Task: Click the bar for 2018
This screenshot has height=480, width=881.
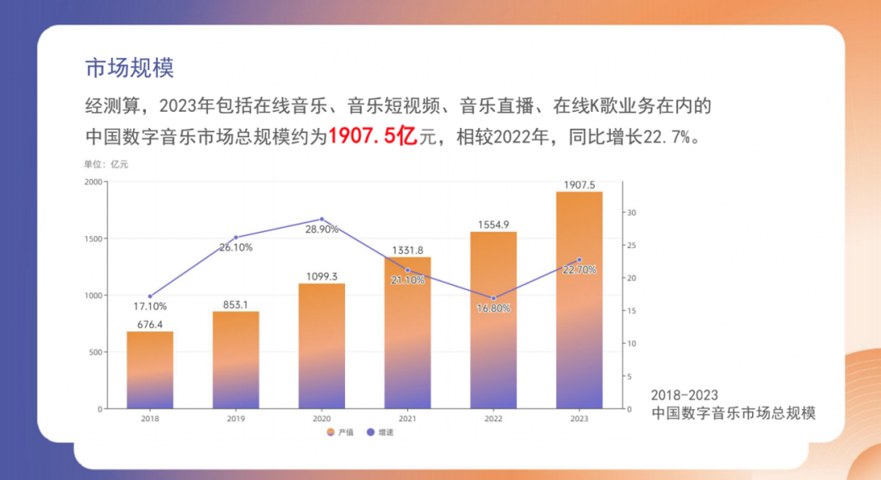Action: tap(150, 369)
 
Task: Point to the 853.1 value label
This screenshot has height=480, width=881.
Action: tap(237, 304)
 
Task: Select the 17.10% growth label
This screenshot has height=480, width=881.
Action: tap(149, 307)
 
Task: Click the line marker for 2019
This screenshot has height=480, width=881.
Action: tap(236, 238)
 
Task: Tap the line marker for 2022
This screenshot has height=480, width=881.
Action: tap(494, 298)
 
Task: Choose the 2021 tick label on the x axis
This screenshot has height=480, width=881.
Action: tap(408, 418)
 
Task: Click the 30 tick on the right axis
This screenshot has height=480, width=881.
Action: tap(631, 212)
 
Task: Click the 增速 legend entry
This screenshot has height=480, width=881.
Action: tap(381, 431)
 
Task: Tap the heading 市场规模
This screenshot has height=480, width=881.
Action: tap(130, 68)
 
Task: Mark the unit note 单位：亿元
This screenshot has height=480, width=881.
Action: tap(106, 164)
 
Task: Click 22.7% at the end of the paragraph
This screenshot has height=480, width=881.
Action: tap(667, 137)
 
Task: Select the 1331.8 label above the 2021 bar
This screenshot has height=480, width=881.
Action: tap(408, 250)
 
